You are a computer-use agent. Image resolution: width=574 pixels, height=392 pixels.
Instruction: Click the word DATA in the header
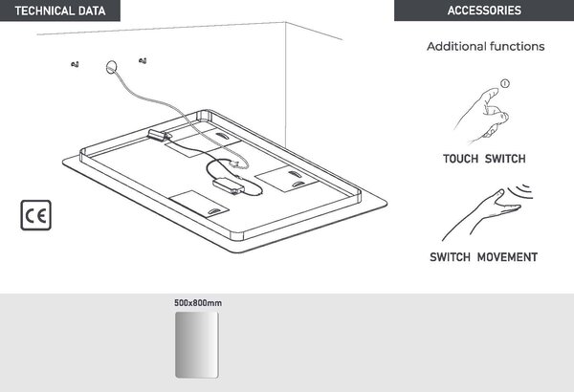point(92,11)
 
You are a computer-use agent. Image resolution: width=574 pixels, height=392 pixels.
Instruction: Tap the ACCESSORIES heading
point(484,11)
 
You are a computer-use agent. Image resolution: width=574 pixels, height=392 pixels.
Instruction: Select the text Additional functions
point(485,47)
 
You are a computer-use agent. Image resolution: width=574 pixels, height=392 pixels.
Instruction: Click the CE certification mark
point(36,215)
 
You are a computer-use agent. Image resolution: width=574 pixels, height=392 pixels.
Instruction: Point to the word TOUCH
point(460,159)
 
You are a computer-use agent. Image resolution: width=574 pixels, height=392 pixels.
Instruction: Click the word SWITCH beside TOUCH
point(505,159)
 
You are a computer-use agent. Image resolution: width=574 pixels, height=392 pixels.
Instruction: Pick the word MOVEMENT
point(507,257)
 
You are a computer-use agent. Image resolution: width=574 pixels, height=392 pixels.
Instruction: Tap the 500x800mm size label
point(198,303)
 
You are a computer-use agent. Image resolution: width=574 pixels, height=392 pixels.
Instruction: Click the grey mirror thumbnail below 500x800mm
point(197,345)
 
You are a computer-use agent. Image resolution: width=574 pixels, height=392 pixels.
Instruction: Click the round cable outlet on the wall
point(112,67)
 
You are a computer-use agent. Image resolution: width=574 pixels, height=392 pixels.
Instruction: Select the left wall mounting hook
point(75,64)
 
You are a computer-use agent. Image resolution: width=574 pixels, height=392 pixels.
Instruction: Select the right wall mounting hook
point(143,61)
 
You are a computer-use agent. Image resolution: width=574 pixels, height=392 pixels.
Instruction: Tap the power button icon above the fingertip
point(505,83)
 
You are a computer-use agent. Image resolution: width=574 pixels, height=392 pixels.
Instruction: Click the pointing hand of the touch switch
point(482,115)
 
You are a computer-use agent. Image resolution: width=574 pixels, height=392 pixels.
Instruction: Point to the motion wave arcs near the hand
point(522,190)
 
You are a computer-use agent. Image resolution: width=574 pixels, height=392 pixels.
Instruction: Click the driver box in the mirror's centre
point(229,185)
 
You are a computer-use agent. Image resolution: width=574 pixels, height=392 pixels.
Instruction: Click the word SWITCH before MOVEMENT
point(451,257)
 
